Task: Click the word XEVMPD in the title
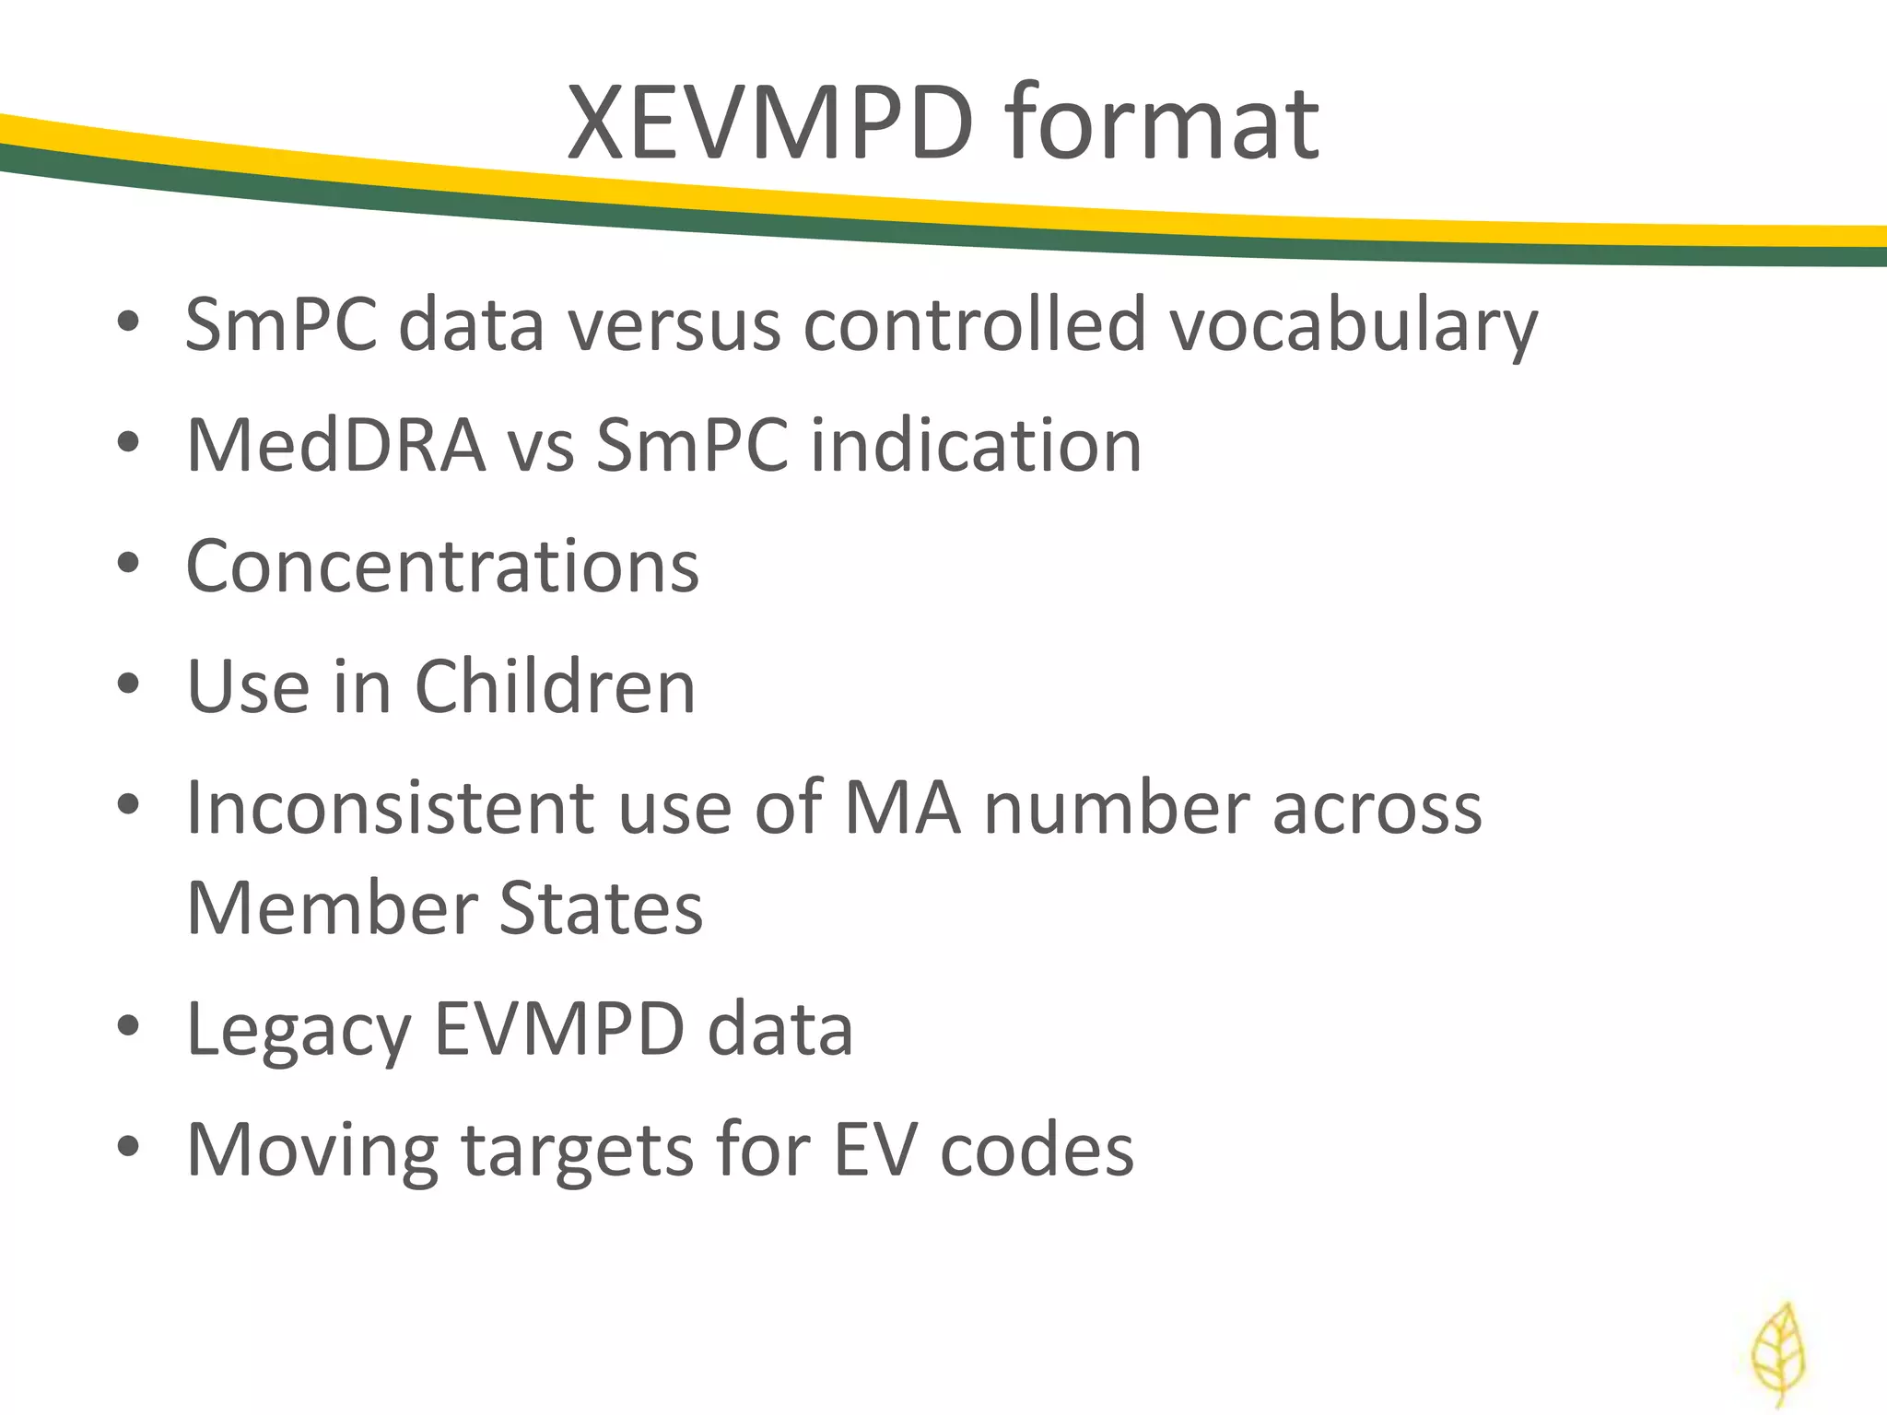point(769,123)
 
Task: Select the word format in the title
point(1163,123)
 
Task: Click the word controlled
point(974,324)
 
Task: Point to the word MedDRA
point(336,446)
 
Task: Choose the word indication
point(975,446)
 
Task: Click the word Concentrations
point(442,566)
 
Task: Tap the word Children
point(555,686)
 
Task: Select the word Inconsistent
point(391,807)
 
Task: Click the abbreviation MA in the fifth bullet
point(902,807)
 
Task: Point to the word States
point(601,907)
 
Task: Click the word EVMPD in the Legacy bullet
point(558,1028)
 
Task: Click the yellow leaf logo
point(1778,1354)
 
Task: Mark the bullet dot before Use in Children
point(128,684)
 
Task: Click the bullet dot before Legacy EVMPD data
point(128,1025)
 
